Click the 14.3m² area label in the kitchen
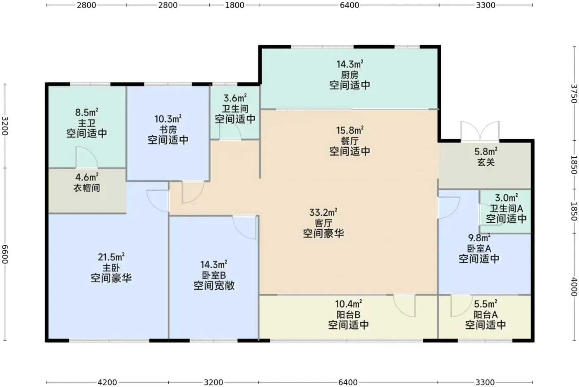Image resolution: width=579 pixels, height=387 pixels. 350,64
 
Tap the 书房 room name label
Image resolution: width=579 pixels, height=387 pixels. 168,130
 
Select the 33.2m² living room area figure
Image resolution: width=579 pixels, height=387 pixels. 323,212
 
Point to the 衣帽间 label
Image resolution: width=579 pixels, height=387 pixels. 86,188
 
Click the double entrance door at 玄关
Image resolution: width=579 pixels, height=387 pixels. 480,132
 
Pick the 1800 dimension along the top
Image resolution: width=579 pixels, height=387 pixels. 234,5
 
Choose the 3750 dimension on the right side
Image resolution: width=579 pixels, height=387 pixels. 574,94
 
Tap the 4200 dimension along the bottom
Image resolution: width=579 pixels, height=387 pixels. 107,382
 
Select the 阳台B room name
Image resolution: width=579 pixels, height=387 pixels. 348,315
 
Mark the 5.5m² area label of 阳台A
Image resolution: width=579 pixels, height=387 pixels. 486,304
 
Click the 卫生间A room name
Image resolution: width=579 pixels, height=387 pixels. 506,208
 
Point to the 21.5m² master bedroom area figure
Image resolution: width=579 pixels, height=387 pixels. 111,257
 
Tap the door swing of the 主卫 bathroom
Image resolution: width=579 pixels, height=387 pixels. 86,157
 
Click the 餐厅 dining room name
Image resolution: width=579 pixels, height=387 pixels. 350,141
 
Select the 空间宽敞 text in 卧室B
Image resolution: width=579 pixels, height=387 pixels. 214,286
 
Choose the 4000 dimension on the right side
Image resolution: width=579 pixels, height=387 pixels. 574,287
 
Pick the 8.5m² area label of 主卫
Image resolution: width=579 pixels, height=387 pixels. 86,113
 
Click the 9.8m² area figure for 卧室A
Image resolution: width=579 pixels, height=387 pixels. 479,238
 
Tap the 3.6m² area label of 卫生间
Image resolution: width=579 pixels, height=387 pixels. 235,99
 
